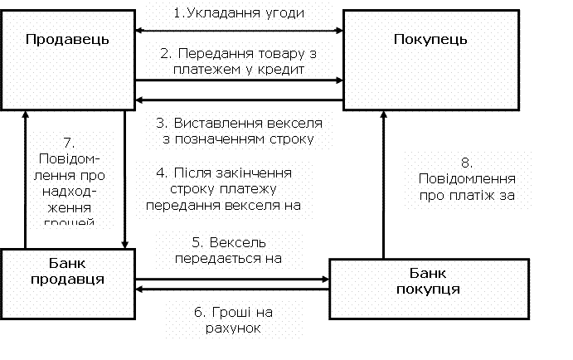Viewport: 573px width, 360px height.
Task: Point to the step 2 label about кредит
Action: coord(238,61)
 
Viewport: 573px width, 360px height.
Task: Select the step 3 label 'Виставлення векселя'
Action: coord(236,131)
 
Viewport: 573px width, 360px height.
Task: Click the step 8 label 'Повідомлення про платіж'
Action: coord(464,179)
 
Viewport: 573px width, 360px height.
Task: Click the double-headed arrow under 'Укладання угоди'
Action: coord(239,31)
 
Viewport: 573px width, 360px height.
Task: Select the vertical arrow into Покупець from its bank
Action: coord(383,182)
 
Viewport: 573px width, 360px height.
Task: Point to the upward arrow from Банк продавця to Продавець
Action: coord(26,178)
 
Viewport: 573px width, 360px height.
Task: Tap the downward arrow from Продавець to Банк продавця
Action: coord(124,178)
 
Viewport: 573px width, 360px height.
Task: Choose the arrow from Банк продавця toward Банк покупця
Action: coord(232,279)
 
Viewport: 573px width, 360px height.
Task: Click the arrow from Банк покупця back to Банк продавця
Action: coord(232,289)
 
